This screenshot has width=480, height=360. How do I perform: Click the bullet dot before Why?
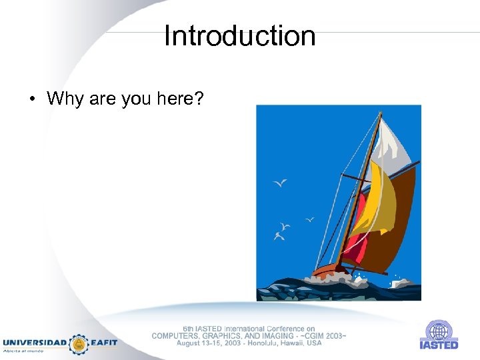click(31, 100)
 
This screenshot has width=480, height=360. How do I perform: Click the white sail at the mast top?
click(394, 143)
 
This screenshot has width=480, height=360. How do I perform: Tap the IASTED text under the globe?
click(439, 345)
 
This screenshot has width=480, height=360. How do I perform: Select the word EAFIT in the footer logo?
click(103, 343)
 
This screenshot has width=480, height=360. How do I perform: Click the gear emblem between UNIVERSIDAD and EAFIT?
click(79, 343)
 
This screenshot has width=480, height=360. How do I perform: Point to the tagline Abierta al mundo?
click(23, 351)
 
